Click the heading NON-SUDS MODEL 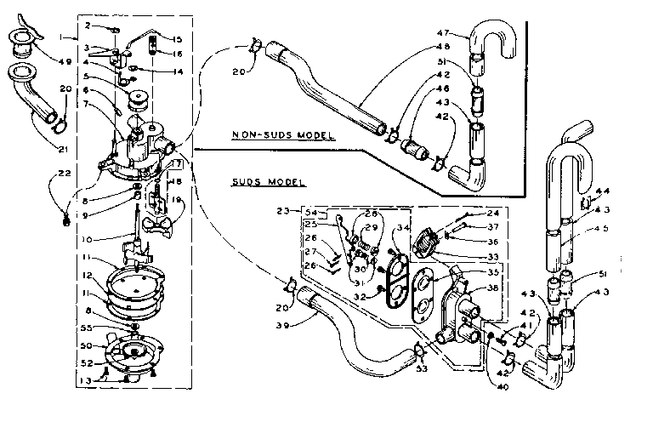pos(284,136)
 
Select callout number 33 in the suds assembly pos(468,256)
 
